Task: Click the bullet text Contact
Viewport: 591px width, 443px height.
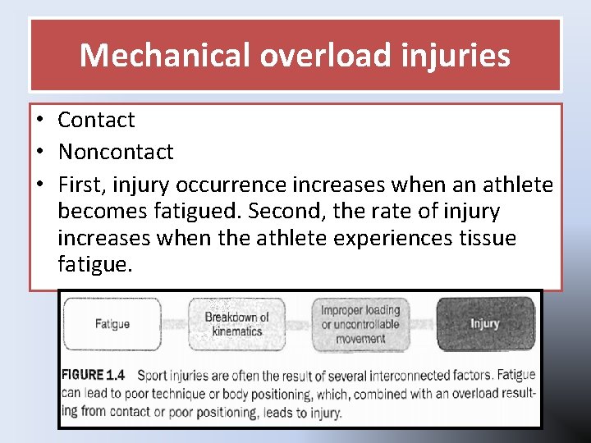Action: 96,120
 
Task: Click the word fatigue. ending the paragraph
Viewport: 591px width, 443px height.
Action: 95,266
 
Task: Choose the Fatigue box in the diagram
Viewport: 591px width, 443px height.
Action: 112,323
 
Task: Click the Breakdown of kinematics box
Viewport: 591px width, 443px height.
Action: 236,324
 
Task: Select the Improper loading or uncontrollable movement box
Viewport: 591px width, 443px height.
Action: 360,324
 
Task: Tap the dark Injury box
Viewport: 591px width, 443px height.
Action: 484,323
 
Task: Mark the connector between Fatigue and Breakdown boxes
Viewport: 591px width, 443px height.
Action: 174,324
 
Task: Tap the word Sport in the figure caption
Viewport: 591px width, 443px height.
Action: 153,376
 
